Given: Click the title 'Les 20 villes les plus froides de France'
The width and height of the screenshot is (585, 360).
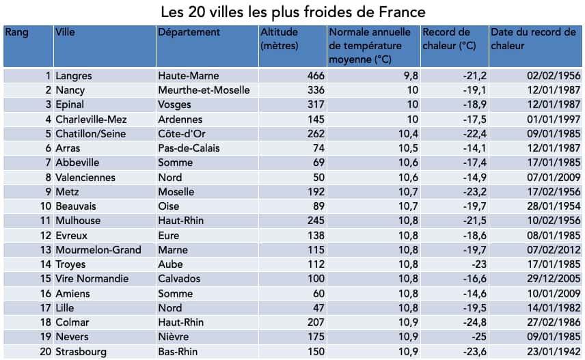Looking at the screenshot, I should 292,12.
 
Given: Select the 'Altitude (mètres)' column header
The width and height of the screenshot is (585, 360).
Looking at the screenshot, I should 280,39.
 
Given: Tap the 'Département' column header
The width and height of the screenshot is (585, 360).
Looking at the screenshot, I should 189,32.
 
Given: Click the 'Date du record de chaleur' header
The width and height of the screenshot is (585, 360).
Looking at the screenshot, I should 533,39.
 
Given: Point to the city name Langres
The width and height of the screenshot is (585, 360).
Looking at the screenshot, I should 74,76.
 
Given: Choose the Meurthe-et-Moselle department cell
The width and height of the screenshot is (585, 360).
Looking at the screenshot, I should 204,90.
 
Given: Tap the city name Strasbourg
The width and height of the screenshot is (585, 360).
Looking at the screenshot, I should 82,351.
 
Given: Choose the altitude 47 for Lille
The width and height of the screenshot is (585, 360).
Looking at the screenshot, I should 318,308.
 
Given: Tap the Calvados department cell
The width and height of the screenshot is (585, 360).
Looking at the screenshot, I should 179,279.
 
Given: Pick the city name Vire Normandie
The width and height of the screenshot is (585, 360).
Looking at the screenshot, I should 92,279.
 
